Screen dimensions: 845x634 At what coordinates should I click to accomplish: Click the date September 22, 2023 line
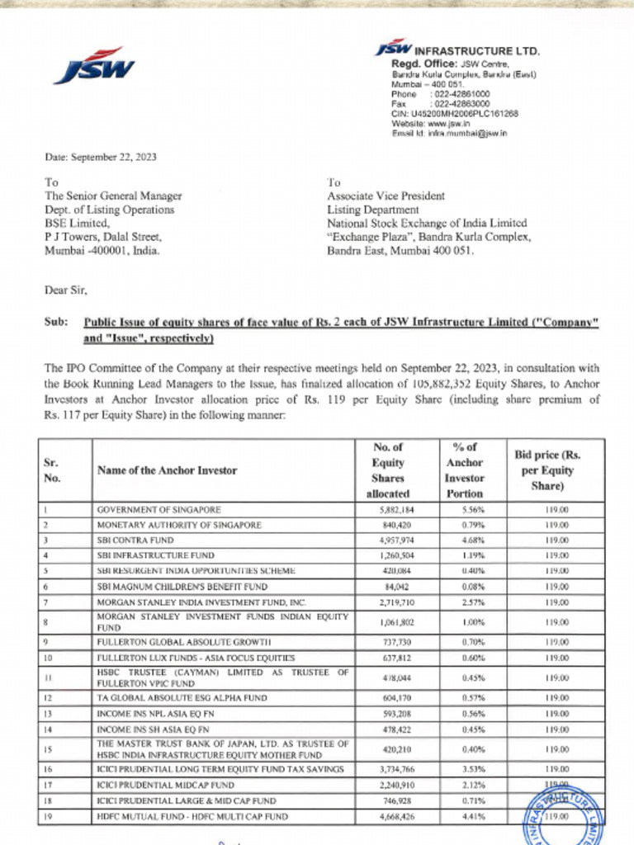(x=100, y=157)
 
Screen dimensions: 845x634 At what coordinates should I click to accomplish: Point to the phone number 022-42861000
(x=459, y=94)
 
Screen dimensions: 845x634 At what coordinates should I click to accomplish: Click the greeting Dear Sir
(x=65, y=290)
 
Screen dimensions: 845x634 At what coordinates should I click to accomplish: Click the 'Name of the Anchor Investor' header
(x=167, y=470)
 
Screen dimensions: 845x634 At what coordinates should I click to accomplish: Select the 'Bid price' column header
(x=547, y=470)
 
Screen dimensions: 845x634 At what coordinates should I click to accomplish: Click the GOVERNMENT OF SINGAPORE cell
(x=158, y=510)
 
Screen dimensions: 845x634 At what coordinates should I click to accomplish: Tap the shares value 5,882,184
(x=396, y=510)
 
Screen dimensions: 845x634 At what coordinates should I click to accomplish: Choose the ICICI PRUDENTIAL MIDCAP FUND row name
(x=165, y=785)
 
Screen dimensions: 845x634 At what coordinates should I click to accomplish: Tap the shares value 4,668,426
(x=396, y=816)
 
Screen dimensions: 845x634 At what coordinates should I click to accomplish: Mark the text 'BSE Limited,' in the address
(x=76, y=223)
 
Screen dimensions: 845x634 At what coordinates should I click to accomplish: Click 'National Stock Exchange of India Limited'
(x=427, y=223)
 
